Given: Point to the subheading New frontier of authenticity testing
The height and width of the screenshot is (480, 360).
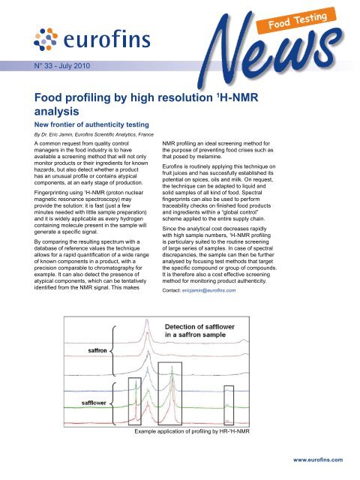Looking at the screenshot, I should pos(103,123).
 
